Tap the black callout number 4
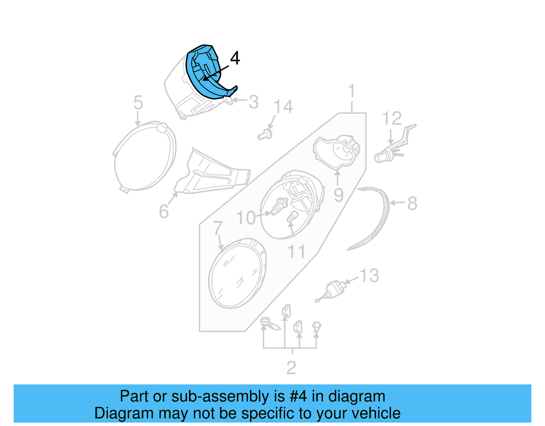(x=235, y=58)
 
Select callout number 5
(x=138, y=103)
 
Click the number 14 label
(x=283, y=107)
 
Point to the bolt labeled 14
(x=265, y=134)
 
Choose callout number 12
(x=392, y=119)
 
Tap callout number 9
(x=339, y=195)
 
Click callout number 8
(x=412, y=203)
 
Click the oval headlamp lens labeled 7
(x=237, y=273)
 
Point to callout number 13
(x=370, y=276)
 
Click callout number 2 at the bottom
(x=291, y=368)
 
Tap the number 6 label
(x=164, y=211)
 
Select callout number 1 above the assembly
(x=352, y=91)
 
